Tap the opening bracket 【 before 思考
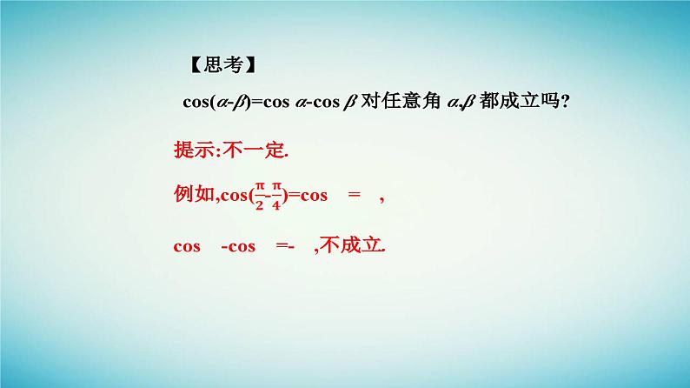(194, 65)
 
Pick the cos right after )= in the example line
(313, 195)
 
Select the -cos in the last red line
(238, 246)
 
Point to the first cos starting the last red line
(187, 246)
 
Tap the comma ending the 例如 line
(382, 198)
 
